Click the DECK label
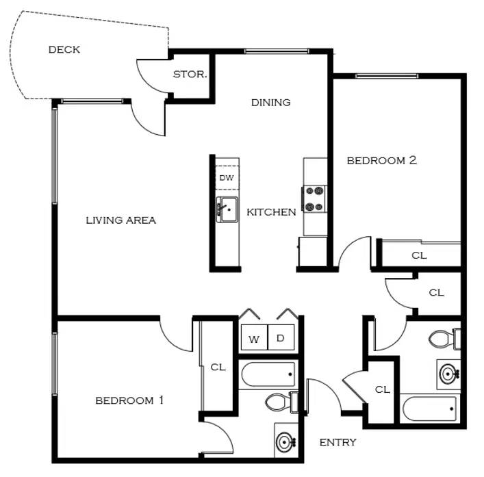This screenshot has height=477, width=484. tap(64, 49)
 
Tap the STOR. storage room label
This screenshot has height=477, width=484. tap(190, 74)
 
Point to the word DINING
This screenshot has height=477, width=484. tap(270, 102)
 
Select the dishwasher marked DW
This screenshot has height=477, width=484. tap(227, 177)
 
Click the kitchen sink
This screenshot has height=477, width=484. tap(227, 209)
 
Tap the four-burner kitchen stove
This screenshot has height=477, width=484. tap(314, 199)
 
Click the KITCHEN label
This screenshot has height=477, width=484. tap(271, 212)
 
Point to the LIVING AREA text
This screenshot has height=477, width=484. tap(120, 220)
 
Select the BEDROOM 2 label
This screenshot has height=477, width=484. tap(382, 160)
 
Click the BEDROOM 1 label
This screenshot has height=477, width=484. tap(129, 400)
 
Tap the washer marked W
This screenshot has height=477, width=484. tap(254, 337)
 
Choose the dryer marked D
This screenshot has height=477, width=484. tap(281, 337)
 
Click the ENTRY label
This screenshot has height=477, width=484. tap(337, 442)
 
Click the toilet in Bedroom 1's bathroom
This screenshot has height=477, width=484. tap(281, 402)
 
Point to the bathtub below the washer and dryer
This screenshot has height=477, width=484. tap(268, 374)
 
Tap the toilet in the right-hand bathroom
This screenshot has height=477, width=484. tap(444, 339)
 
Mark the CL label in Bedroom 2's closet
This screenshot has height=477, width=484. tap(419, 255)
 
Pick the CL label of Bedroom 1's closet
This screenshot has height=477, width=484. tap(218, 368)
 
